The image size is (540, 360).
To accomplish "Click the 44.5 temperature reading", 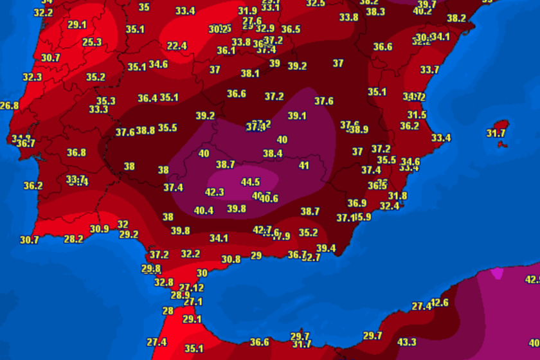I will point(250,182).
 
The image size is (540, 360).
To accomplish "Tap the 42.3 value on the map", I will point(214,192).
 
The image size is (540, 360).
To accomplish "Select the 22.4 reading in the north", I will point(177,46).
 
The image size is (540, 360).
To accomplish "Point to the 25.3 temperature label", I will point(92,42).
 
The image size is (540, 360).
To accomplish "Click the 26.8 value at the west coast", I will point(10,105).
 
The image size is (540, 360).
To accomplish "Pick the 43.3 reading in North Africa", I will point(407,342).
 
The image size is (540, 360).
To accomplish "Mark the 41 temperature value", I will point(304,166).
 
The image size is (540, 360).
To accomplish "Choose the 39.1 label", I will point(297,116).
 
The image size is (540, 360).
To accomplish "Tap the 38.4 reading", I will point(273,154).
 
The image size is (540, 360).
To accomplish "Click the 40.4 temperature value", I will point(204,210).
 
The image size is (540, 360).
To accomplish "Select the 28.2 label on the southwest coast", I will point(73,239).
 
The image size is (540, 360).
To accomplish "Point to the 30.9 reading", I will point(99,229).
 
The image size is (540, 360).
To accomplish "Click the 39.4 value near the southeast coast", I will point(326,248).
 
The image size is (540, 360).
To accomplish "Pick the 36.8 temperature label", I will point(76,152).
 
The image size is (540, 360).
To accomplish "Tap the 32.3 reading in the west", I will point(32,77).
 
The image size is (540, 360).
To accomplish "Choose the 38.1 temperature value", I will point(250,73).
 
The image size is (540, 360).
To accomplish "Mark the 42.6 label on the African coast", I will point(440,303).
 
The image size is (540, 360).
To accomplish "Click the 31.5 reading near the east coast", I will point(417,115).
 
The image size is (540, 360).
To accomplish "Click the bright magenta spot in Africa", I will point(497,273).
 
